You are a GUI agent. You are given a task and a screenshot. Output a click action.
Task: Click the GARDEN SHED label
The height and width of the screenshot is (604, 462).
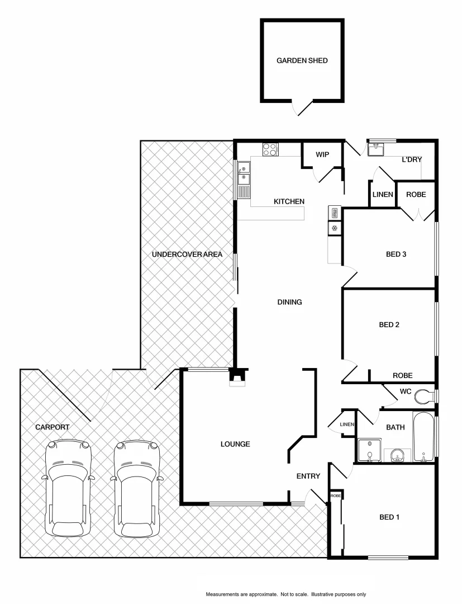(302, 61)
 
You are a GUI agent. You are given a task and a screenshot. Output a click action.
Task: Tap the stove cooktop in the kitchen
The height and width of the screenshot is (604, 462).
(270, 149)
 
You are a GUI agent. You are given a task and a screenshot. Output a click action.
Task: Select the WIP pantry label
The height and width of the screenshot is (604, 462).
(322, 154)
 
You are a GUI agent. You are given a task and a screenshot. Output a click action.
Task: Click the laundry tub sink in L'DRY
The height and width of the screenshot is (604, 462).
(375, 149)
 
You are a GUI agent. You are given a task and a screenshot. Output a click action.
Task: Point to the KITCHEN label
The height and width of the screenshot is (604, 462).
(288, 201)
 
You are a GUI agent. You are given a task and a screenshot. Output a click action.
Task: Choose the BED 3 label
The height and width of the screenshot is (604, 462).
(396, 254)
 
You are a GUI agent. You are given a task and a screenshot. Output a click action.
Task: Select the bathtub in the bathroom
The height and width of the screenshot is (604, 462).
(423, 438)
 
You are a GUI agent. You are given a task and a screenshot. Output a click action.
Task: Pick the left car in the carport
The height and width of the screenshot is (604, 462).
(68, 488)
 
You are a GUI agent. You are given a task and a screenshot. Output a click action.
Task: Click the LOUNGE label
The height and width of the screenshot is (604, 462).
(235, 444)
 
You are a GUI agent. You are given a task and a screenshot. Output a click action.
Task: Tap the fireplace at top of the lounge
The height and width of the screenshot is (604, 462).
(237, 377)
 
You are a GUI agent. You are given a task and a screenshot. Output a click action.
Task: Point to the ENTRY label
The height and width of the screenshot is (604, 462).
(308, 476)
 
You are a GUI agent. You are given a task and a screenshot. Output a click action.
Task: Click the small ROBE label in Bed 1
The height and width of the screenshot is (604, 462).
(335, 496)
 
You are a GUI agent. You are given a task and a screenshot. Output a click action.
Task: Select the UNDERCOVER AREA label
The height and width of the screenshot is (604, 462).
(187, 254)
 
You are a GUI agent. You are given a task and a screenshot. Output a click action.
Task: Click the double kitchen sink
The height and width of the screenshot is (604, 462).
(244, 173)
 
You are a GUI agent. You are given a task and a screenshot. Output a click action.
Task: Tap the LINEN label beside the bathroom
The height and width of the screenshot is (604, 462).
(347, 425)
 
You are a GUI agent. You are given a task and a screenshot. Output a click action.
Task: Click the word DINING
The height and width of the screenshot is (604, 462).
(289, 302)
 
